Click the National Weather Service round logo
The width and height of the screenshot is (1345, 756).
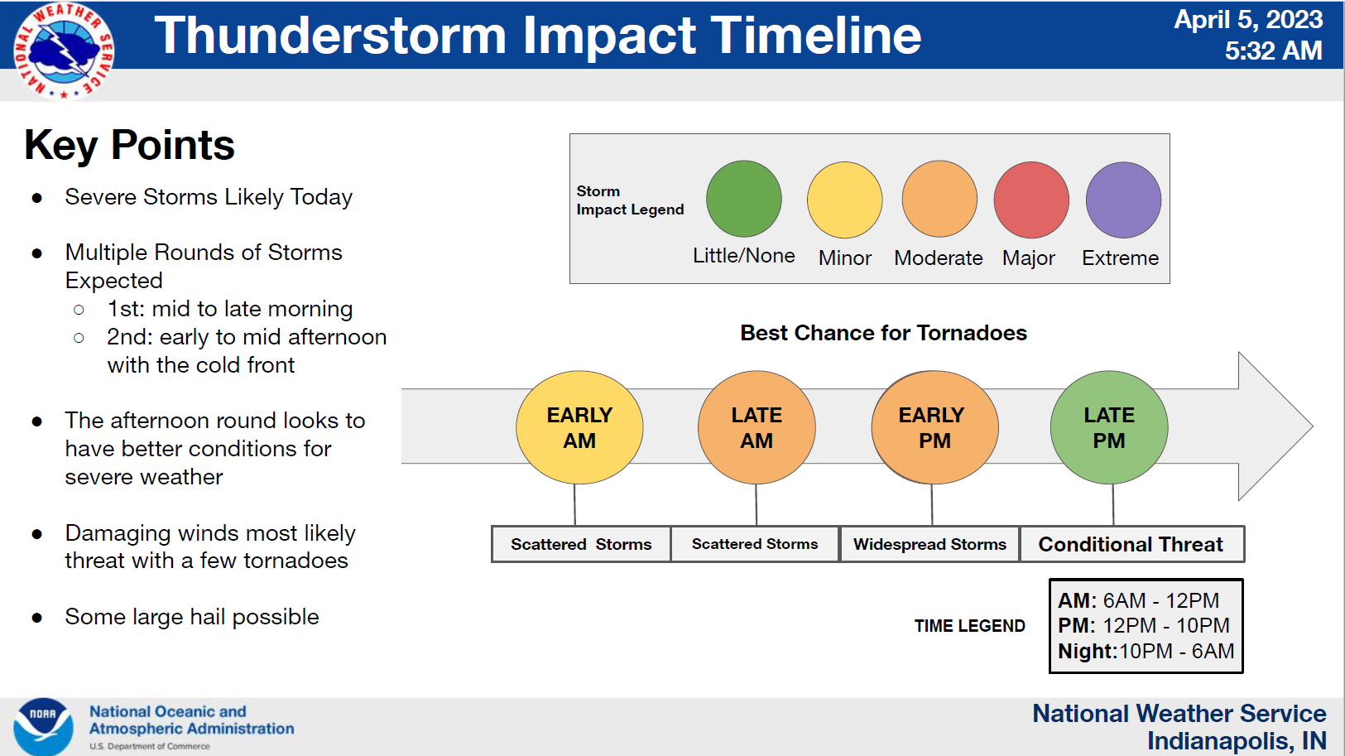(x=64, y=51)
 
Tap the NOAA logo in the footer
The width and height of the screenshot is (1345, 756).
(x=43, y=726)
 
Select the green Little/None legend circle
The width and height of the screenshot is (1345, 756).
(x=743, y=199)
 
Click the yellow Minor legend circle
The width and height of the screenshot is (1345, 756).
(x=844, y=200)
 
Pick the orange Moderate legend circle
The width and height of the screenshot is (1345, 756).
(x=939, y=199)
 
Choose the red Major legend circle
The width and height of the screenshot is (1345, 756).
(x=1031, y=200)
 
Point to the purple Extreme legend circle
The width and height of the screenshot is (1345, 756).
(x=1123, y=200)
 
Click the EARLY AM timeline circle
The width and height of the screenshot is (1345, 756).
(x=579, y=427)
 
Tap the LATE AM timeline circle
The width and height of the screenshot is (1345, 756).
(x=757, y=427)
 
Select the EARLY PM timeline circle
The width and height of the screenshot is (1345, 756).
(x=934, y=427)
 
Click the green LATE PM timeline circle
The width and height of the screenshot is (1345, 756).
(x=1109, y=427)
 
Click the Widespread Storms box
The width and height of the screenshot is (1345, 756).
(x=929, y=544)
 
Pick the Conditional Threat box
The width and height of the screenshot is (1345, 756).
(x=1131, y=544)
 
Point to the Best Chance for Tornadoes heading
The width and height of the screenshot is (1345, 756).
(x=883, y=333)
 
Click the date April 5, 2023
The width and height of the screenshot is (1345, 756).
(x=1248, y=19)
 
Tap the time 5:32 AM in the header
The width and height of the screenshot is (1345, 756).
(x=1274, y=51)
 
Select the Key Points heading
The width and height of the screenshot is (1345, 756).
(x=129, y=145)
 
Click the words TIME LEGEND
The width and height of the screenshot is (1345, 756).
(x=970, y=626)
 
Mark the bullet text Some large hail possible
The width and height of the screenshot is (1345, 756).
(x=192, y=617)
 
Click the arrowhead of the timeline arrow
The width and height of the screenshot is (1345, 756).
(x=1276, y=426)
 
